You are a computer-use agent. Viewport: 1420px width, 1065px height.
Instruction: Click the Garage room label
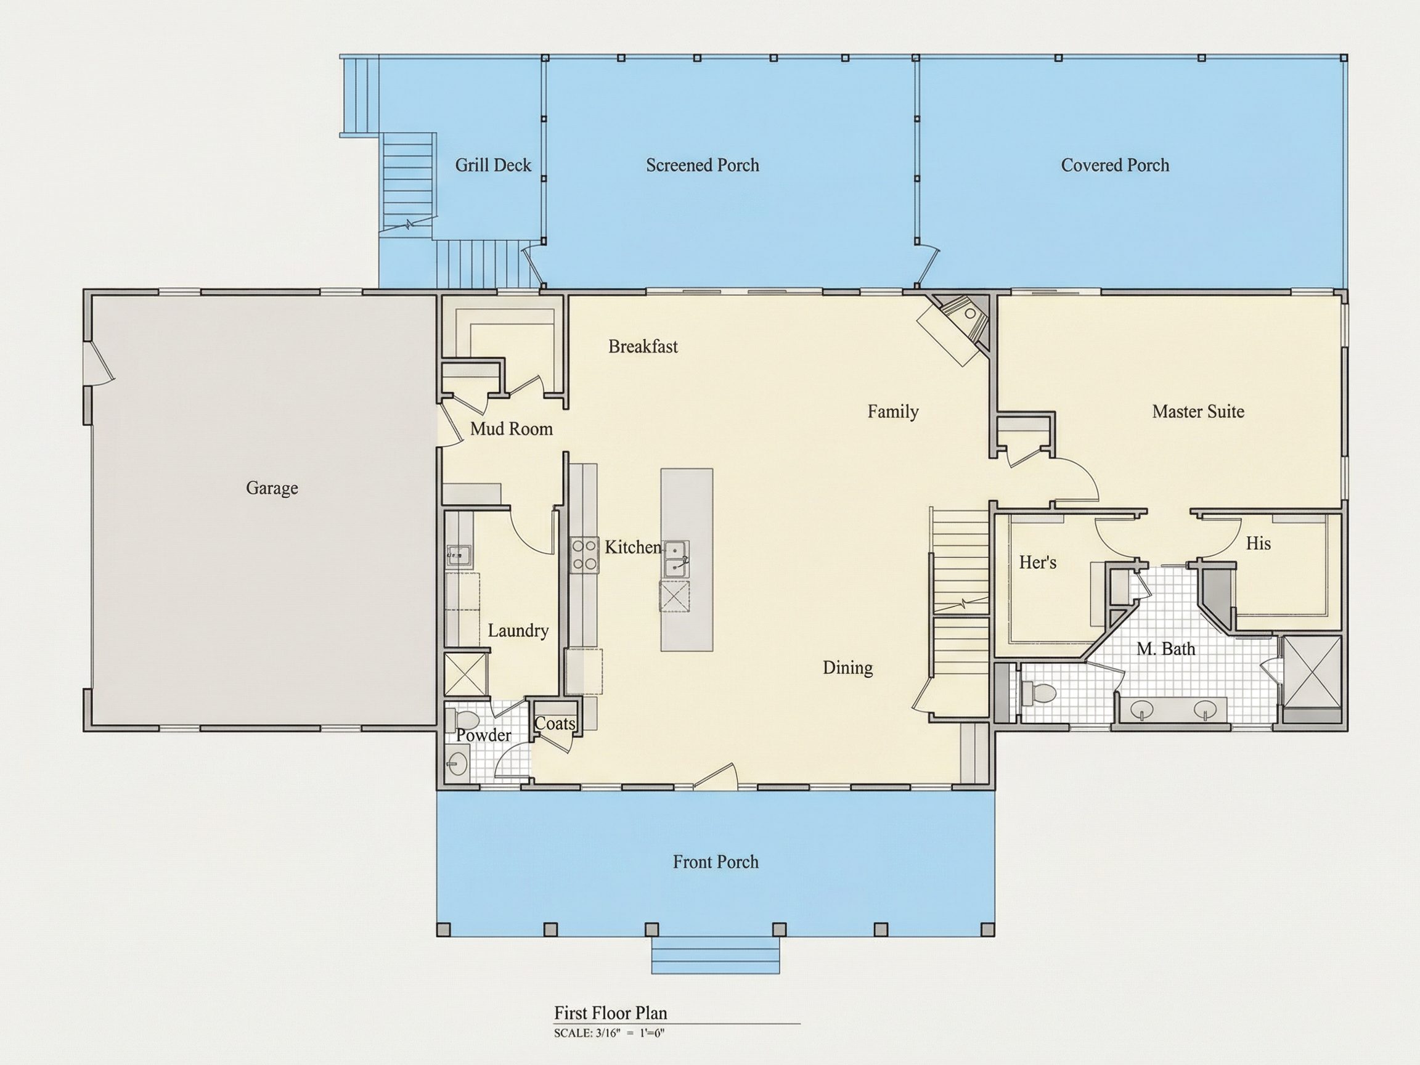(x=272, y=489)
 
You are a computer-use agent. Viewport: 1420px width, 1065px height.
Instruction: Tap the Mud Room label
(x=512, y=429)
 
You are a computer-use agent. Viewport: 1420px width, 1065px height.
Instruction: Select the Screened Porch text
(x=703, y=166)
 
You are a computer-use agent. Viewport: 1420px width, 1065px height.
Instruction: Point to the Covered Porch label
(x=1115, y=166)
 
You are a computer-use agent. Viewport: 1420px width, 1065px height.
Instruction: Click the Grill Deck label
(x=493, y=166)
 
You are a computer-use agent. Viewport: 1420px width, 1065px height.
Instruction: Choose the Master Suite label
(x=1198, y=412)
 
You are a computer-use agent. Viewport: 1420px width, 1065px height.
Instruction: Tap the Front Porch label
(x=716, y=862)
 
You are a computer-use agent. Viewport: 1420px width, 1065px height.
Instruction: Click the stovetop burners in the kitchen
(x=584, y=555)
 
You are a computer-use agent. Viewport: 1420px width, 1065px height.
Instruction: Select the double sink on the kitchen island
(x=677, y=559)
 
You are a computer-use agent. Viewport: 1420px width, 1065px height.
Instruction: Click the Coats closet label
(x=555, y=724)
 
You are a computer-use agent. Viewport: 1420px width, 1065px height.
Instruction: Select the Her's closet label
(x=1037, y=562)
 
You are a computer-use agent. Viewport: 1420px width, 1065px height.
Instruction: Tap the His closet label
(x=1259, y=544)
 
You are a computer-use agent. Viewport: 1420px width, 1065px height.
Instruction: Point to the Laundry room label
(x=518, y=631)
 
